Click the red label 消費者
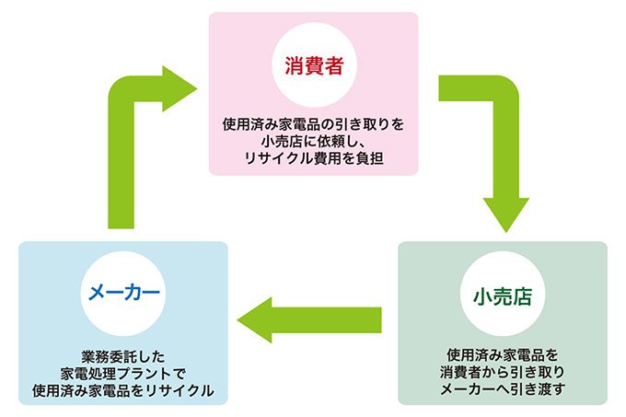pos(314,65)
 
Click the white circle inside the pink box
pos(314,65)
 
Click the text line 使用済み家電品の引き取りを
pos(314,122)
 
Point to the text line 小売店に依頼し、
pos(314,140)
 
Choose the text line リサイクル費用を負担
pos(314,158)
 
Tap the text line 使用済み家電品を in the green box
pos(503,353)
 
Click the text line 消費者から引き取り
pos(503,371)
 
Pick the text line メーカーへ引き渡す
pos(503,389)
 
